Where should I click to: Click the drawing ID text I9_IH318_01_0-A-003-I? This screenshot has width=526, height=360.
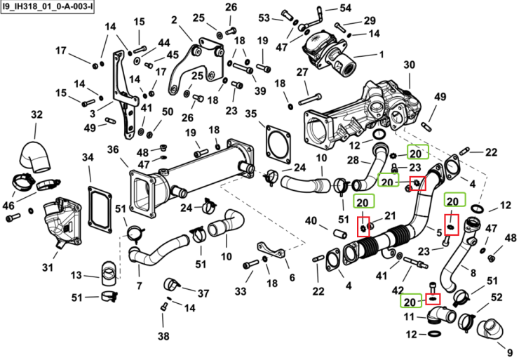click(x=47, y=6)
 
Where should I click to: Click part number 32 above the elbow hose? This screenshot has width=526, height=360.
click(x=37, y=114)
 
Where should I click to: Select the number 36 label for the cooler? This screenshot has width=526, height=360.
click(x=113, y=149)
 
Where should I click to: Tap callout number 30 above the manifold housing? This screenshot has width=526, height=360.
click(x=410, y=65)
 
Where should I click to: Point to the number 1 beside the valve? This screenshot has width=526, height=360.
click(x=381, y=54)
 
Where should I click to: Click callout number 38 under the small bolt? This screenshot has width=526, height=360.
click(x=163, y=336)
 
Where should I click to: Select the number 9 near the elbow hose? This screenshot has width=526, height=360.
click(x=510, y=352)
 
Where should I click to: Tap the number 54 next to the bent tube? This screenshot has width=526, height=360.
click(x=345, y=8)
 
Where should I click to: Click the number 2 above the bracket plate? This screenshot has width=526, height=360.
click(x=174, y=20)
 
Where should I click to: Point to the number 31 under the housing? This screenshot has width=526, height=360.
click(x=48, y=267)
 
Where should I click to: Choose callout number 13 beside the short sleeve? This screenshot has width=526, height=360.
click(x=76, y=275)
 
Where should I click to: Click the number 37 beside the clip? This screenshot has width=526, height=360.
click(x=203, y=293)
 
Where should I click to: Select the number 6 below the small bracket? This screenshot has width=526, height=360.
click(x=292, y=277)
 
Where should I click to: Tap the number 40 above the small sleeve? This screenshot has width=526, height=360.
click(x=311, y=221)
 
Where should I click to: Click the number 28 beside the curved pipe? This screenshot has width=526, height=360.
click(x=353, y=160)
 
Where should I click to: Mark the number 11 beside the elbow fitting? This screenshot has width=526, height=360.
click(x=409, y=316)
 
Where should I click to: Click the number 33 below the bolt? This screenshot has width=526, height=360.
click(x=241, y=291)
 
